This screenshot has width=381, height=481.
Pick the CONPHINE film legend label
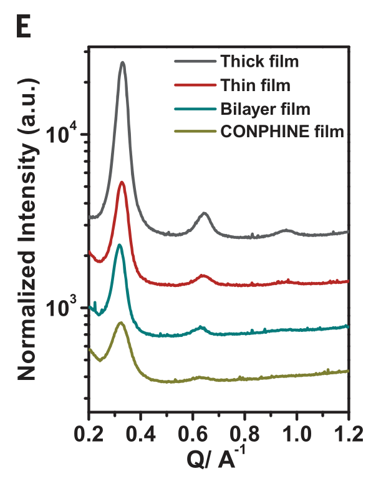click(282, 131)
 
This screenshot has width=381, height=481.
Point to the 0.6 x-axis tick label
click(193, 432)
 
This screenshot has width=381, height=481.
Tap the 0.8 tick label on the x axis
click(245, 432)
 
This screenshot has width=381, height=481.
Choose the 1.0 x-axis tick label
click(297, 432)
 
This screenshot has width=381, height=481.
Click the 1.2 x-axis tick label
click(349, 432)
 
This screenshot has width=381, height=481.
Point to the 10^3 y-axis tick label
click(63, 307)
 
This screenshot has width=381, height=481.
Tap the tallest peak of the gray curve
click(123, 62)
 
